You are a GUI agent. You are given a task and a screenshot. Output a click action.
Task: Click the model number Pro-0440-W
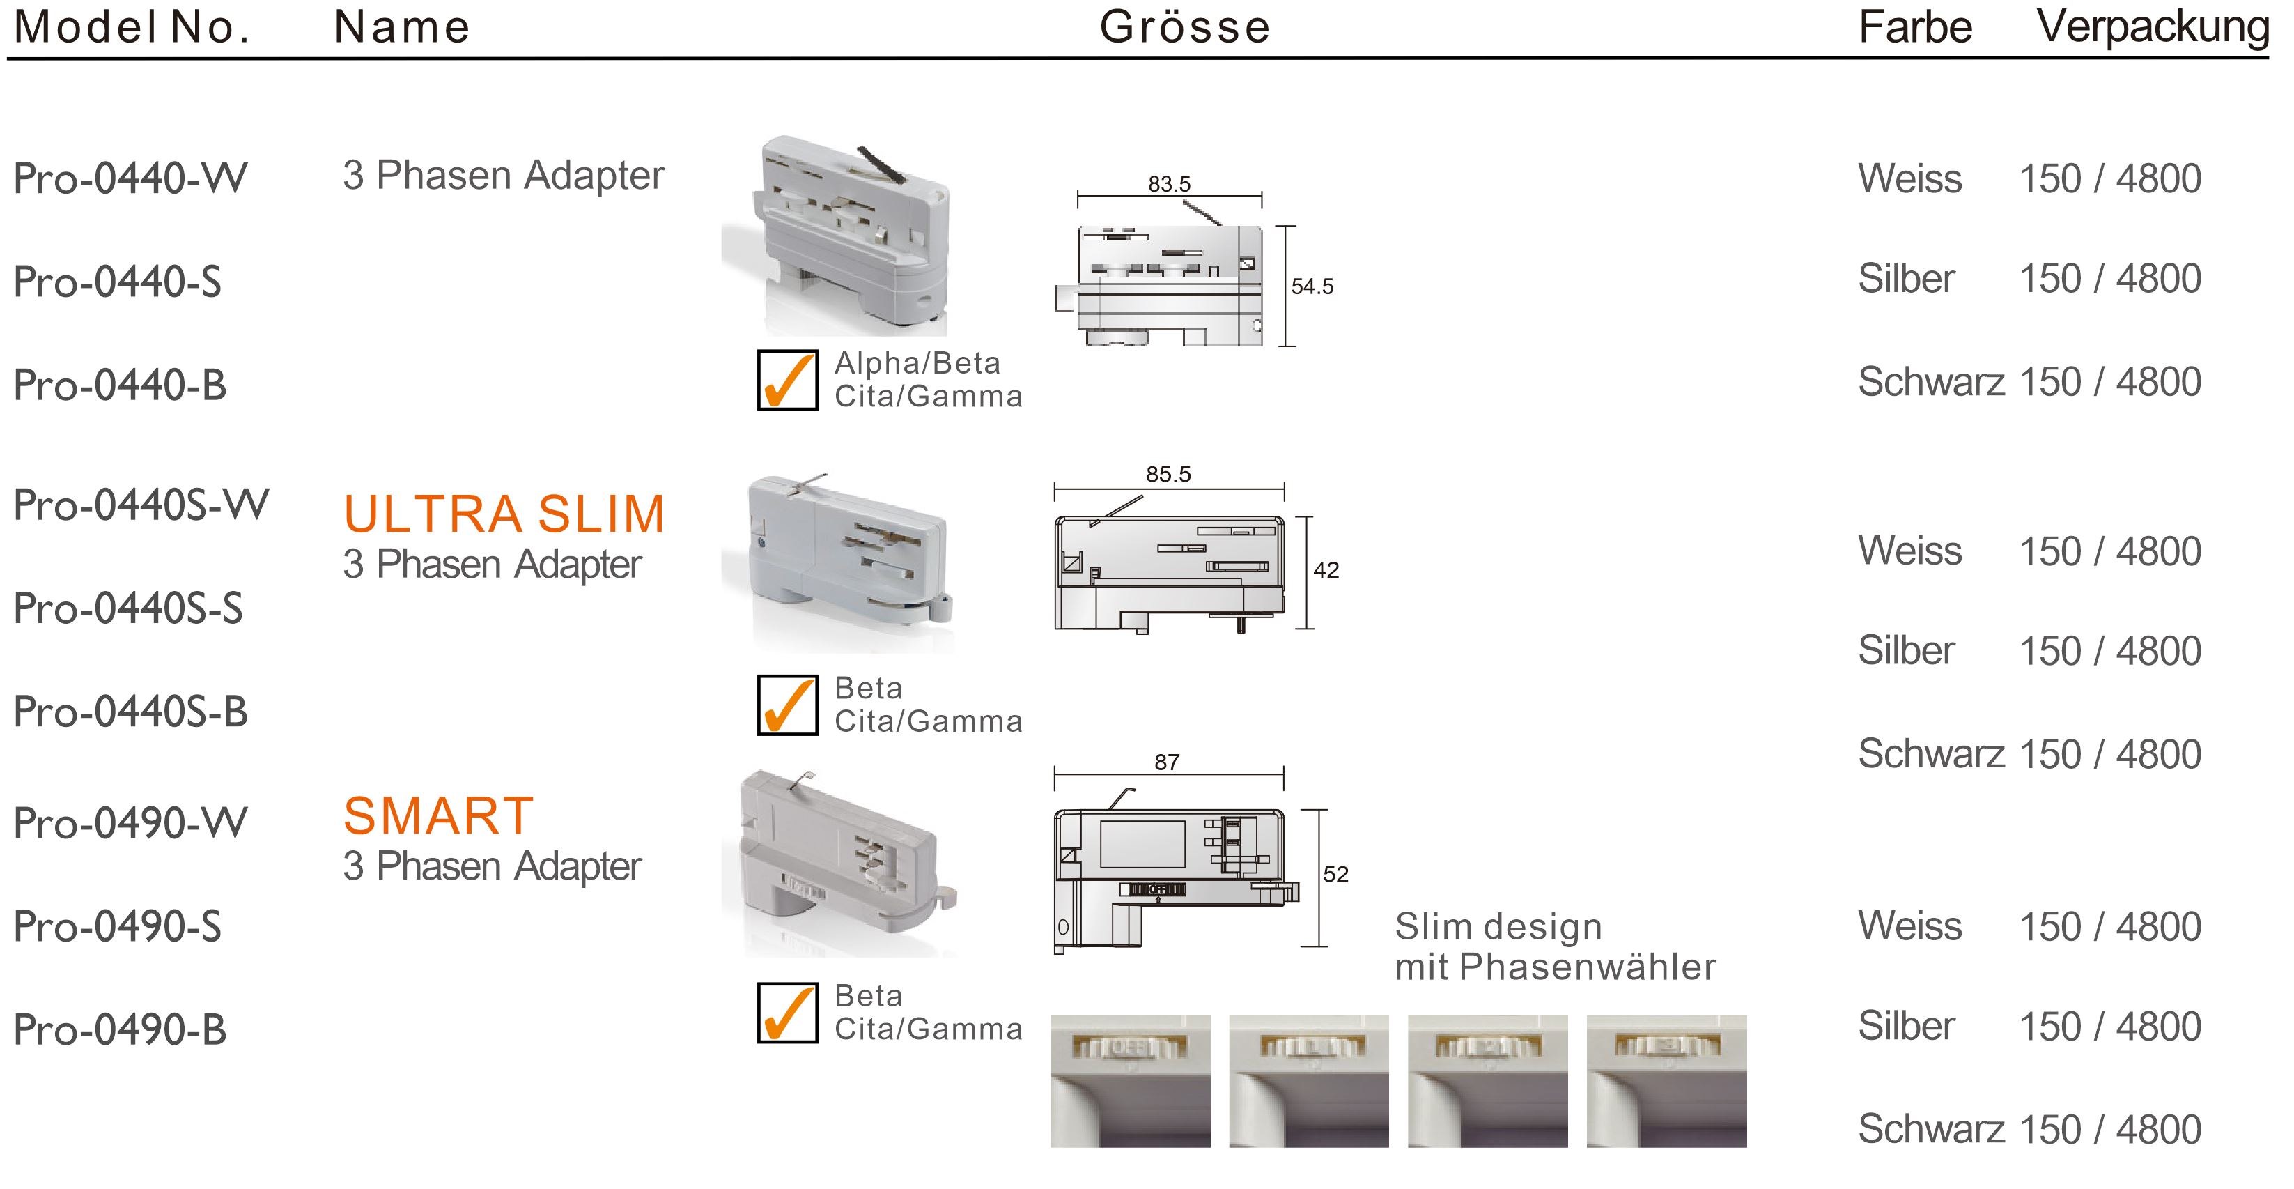[130, 178]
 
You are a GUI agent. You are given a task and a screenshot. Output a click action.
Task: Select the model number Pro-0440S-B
[130, 712]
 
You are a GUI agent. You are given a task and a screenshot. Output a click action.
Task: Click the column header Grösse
[1184, 26]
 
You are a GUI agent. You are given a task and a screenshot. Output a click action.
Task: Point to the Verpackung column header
[2153, 26]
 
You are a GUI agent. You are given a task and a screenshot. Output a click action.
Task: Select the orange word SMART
[438, 816]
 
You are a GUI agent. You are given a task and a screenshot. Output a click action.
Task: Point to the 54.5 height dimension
[1312, 286]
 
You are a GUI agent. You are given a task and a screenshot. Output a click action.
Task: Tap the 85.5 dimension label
[1168, 475]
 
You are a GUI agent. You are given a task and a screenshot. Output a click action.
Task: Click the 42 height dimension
[1325, 570]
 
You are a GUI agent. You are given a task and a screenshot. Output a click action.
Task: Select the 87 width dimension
[1167, 762]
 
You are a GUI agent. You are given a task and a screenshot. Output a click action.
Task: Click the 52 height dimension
[1335, 875]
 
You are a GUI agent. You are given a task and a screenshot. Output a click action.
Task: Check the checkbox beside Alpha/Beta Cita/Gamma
[787, 381]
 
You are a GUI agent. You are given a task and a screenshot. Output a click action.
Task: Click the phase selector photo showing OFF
[1130, 1080]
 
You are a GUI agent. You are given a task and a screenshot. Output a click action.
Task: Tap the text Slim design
[1498, 927]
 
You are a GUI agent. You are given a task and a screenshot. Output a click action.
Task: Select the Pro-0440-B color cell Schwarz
[1930, 382]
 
